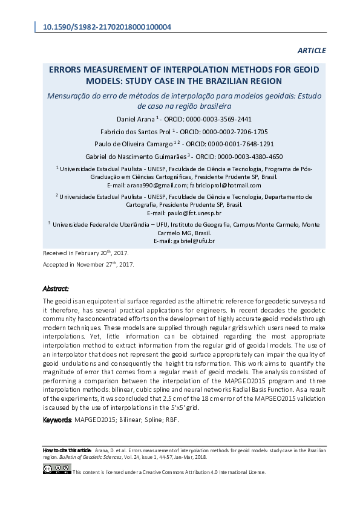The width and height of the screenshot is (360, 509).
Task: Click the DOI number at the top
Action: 106,27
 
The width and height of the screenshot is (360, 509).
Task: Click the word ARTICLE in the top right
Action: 312,50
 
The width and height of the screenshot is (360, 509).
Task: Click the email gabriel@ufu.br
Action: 194,241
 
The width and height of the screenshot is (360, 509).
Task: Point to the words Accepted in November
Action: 73,265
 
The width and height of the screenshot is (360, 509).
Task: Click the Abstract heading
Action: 56,289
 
